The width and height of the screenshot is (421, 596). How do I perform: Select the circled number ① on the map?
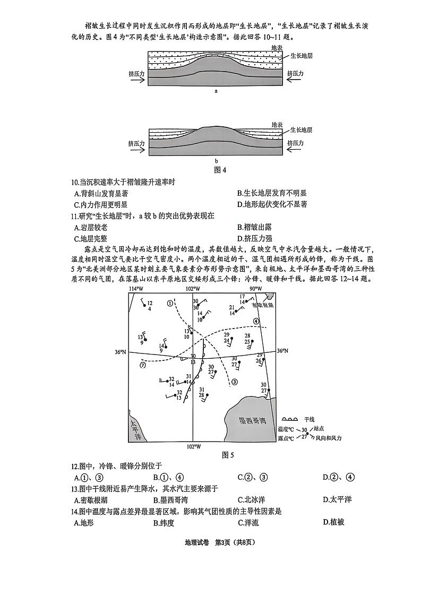(x=170, y=303)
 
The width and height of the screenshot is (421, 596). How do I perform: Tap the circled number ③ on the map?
(x=235, y=381)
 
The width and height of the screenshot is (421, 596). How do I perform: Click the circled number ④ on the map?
(x=256, y=321)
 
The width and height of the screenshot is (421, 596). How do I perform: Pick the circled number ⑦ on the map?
(x=142, y=365)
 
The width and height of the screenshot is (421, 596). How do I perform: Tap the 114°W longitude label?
(x=136, y=288)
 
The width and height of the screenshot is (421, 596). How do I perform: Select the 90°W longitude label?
(x=256, y=288)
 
